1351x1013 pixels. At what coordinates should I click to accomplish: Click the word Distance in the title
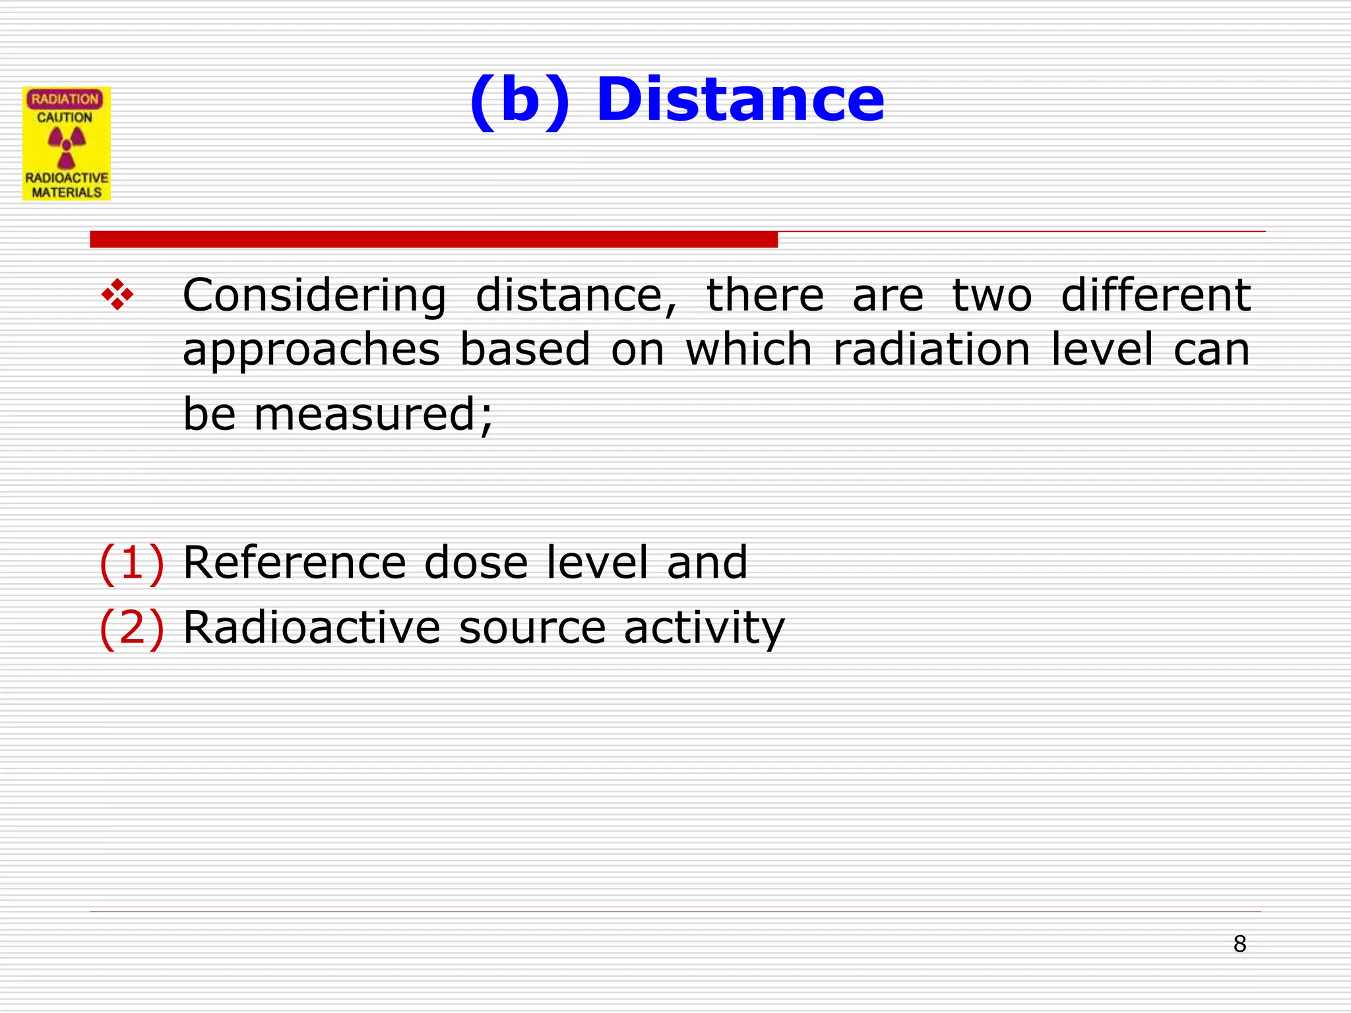(x=739, y=100)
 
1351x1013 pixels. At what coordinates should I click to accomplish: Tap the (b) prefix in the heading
(x=519, y=100)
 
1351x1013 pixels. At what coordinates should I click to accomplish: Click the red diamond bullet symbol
(x=117, y=295)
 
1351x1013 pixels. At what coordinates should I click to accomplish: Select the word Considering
(x=314, y=296)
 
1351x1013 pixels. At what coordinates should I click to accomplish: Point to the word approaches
(x=311, y=351)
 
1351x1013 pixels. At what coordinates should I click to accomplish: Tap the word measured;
(x=373, y=415)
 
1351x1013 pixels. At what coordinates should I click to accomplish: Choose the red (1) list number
(x=131, y=563)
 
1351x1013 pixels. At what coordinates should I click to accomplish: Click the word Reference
(x=294, y=563)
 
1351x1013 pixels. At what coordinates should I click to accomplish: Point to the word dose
(x=476, y=563)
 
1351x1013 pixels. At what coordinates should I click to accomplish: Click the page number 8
(x=1240, y=944)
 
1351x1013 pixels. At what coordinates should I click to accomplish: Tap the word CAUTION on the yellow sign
(x=65, y=118)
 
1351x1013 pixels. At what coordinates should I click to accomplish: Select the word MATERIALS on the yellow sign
(x=67, y=193)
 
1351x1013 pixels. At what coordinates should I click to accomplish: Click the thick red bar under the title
(x=433, y=239)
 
